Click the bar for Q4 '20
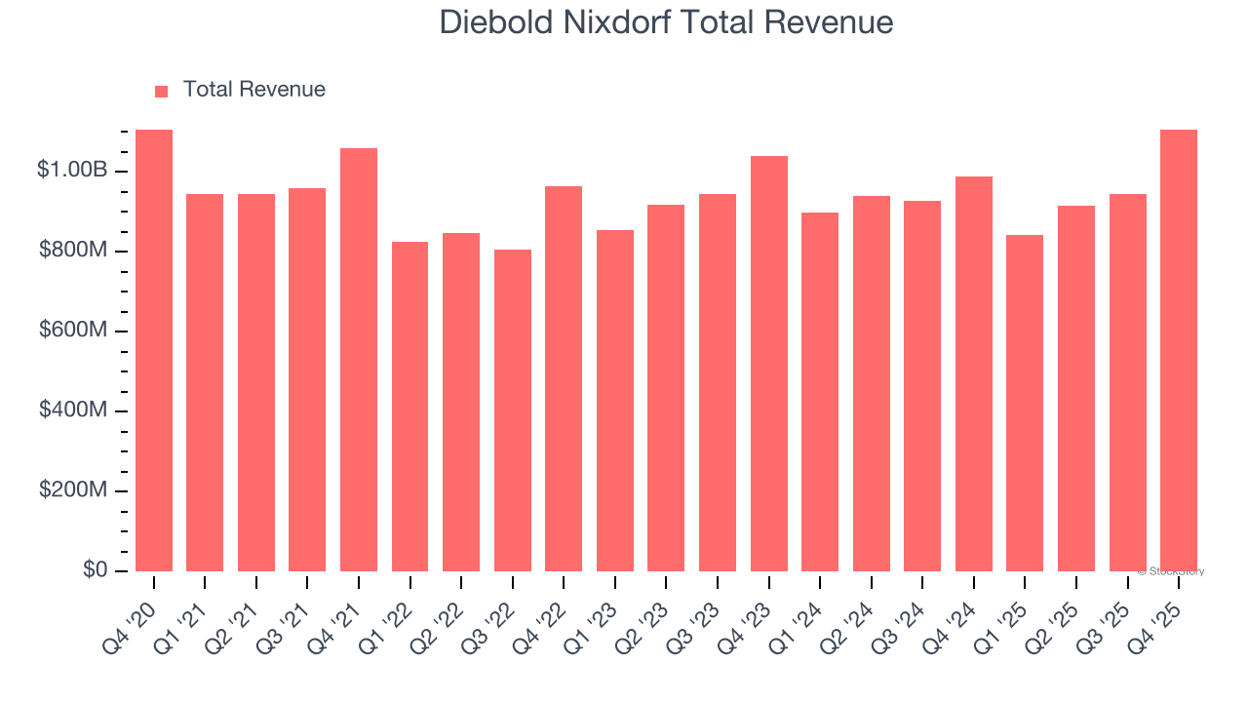(154, 351)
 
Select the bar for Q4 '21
(359, 360)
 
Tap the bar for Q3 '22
(513, 410)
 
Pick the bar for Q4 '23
(769, 364)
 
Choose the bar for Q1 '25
(1025, 403)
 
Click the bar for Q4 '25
(1179, 351)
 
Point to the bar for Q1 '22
(409, 407)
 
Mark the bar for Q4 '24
(974, 373)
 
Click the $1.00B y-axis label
(72, 170)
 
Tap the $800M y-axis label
(73, 251)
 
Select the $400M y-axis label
(73, 410)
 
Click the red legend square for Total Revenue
(162, 91)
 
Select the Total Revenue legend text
(253, 90)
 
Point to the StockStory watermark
(1171, 571)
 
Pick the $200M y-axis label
(73, 490)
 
